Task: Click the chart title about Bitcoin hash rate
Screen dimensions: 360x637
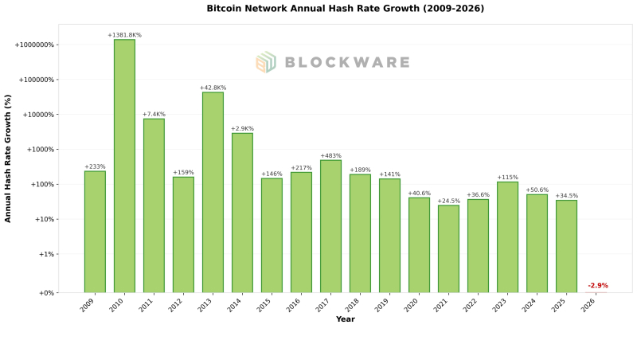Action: tap(345, 9)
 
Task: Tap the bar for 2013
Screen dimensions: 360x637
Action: tap(213, 192)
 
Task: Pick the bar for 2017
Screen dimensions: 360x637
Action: tap(330, 226)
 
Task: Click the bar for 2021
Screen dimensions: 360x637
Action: tap(448, 248)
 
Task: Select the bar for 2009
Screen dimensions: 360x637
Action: tap(95, 232)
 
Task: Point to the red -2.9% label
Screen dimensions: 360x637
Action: tap(597, 285)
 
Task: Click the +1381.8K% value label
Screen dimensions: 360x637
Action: tap(124, 35)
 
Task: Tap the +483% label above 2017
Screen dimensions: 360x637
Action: tap(330, 156)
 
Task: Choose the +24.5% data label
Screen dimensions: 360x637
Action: tap(448, 201)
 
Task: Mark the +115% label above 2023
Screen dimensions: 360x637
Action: tap(507, 178)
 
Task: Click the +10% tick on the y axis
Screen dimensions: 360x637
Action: tap(44, 220)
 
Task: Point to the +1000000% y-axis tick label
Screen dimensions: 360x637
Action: tap(34, 45)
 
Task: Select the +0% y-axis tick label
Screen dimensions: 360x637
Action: tap(45, 293)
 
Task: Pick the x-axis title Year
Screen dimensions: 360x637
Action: tap(345, 319)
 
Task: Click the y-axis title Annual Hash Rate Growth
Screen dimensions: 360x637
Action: tap(8, 158)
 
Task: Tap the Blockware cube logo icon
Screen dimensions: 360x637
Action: tap(265, 62)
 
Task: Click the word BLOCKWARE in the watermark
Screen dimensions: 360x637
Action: tap(346, 62)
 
